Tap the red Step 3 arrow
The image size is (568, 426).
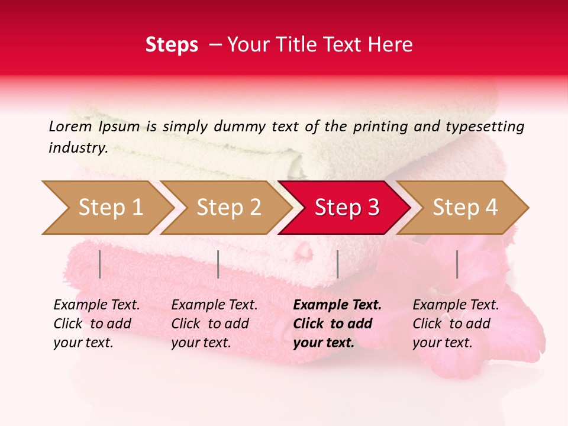[x=347, y=208]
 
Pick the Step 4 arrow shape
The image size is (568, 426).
[x=465, y=208]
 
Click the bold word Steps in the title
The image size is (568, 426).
[x=172, y=45]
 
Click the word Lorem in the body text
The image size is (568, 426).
[x=70, y=126]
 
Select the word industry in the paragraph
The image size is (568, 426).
[x=78, y=147]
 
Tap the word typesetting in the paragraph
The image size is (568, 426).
[x=482, y=126]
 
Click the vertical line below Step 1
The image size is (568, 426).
[x=100, y=264]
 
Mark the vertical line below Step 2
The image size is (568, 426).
[x=218, y=264]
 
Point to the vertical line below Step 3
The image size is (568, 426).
[x=337, y=264]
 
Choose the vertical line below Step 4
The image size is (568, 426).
[x=457, y=264]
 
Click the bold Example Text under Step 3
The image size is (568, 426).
[x=337, y=305]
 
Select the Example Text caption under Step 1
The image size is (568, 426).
[x=96, y=305]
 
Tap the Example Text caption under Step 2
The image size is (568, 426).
[x=214, y=305]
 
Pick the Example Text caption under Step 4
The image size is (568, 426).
[x=456, y=305]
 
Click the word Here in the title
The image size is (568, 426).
[x=392, y=45]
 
